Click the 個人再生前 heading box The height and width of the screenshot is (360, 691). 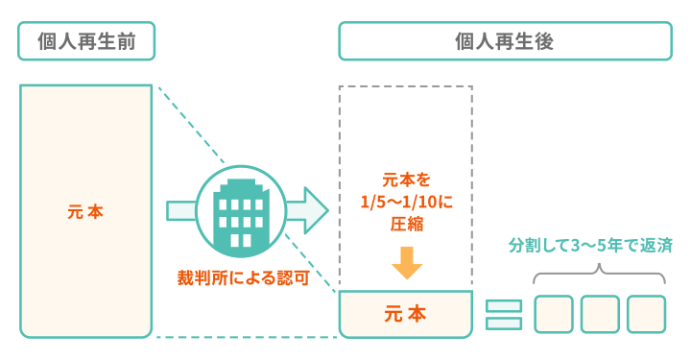(85, 41)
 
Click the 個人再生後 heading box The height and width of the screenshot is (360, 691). (504, 41)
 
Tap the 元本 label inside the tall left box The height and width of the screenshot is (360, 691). (85, 211)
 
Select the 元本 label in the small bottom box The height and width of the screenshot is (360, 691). (405, 313)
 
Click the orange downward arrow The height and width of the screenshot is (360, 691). (406, 261)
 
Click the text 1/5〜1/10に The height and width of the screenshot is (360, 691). (406, 202)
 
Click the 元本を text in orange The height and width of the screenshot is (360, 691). (406, 180)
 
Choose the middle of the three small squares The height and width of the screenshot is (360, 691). (599, 314)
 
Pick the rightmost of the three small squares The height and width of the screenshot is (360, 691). (646, 314)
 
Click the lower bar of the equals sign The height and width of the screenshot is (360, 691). (503, 323)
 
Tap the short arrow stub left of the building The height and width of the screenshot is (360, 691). (181, 210)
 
